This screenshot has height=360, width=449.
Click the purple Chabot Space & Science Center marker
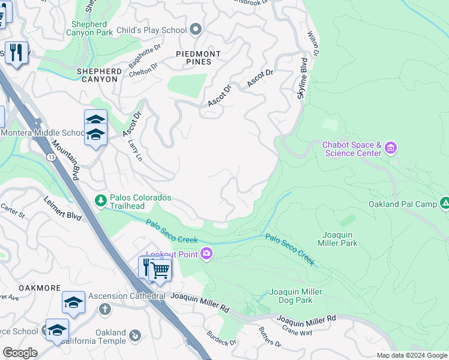(391, 148)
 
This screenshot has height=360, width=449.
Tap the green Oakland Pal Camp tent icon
(444, 204)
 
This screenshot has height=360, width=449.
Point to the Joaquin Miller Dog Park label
(295, 296)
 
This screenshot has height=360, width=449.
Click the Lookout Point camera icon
(206, 254)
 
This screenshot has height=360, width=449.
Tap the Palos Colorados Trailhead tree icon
(101, 200)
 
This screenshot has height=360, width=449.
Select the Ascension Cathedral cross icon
(105, 309)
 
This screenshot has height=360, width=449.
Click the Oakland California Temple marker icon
(134, 335)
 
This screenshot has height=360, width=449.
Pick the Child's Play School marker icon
(195, 29)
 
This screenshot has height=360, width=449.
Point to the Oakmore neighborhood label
(23, 287)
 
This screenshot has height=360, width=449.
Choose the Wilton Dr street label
(313, 44)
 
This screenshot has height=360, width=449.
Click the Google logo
(20, 353)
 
